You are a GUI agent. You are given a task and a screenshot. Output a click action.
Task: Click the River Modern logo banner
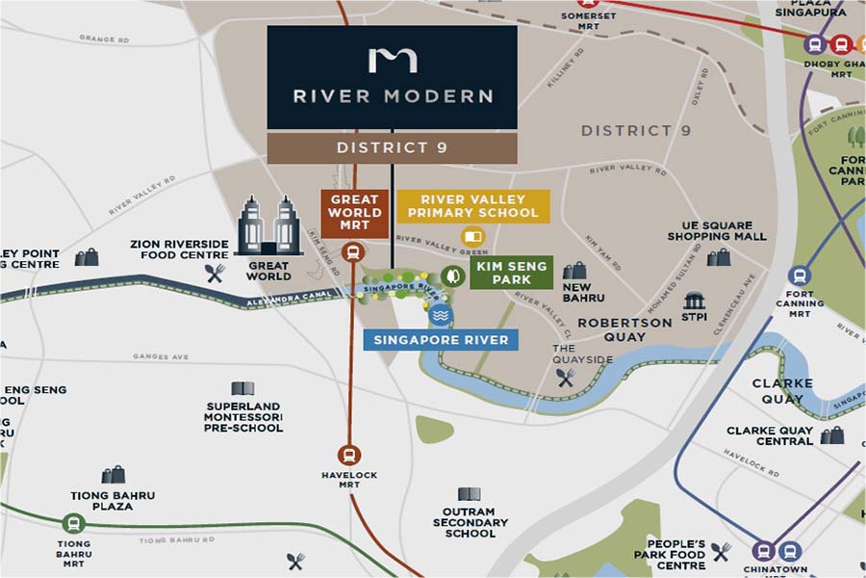392,77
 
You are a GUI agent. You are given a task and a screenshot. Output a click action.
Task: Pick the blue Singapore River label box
442,339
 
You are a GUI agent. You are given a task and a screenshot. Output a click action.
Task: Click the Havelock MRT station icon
348,456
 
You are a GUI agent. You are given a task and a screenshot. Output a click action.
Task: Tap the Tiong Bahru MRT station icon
71,524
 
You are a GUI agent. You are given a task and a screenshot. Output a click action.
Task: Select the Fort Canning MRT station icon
799,276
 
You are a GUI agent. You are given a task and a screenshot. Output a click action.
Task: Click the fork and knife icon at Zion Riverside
215,274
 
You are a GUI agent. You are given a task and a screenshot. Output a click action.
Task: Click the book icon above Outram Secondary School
470,494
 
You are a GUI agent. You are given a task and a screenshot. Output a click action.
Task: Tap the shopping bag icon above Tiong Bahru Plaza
113,474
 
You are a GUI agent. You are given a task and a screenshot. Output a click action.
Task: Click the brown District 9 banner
392,147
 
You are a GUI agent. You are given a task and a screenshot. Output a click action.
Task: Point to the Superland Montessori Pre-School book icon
242,388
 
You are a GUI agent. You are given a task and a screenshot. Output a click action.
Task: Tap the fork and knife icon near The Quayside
565,378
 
